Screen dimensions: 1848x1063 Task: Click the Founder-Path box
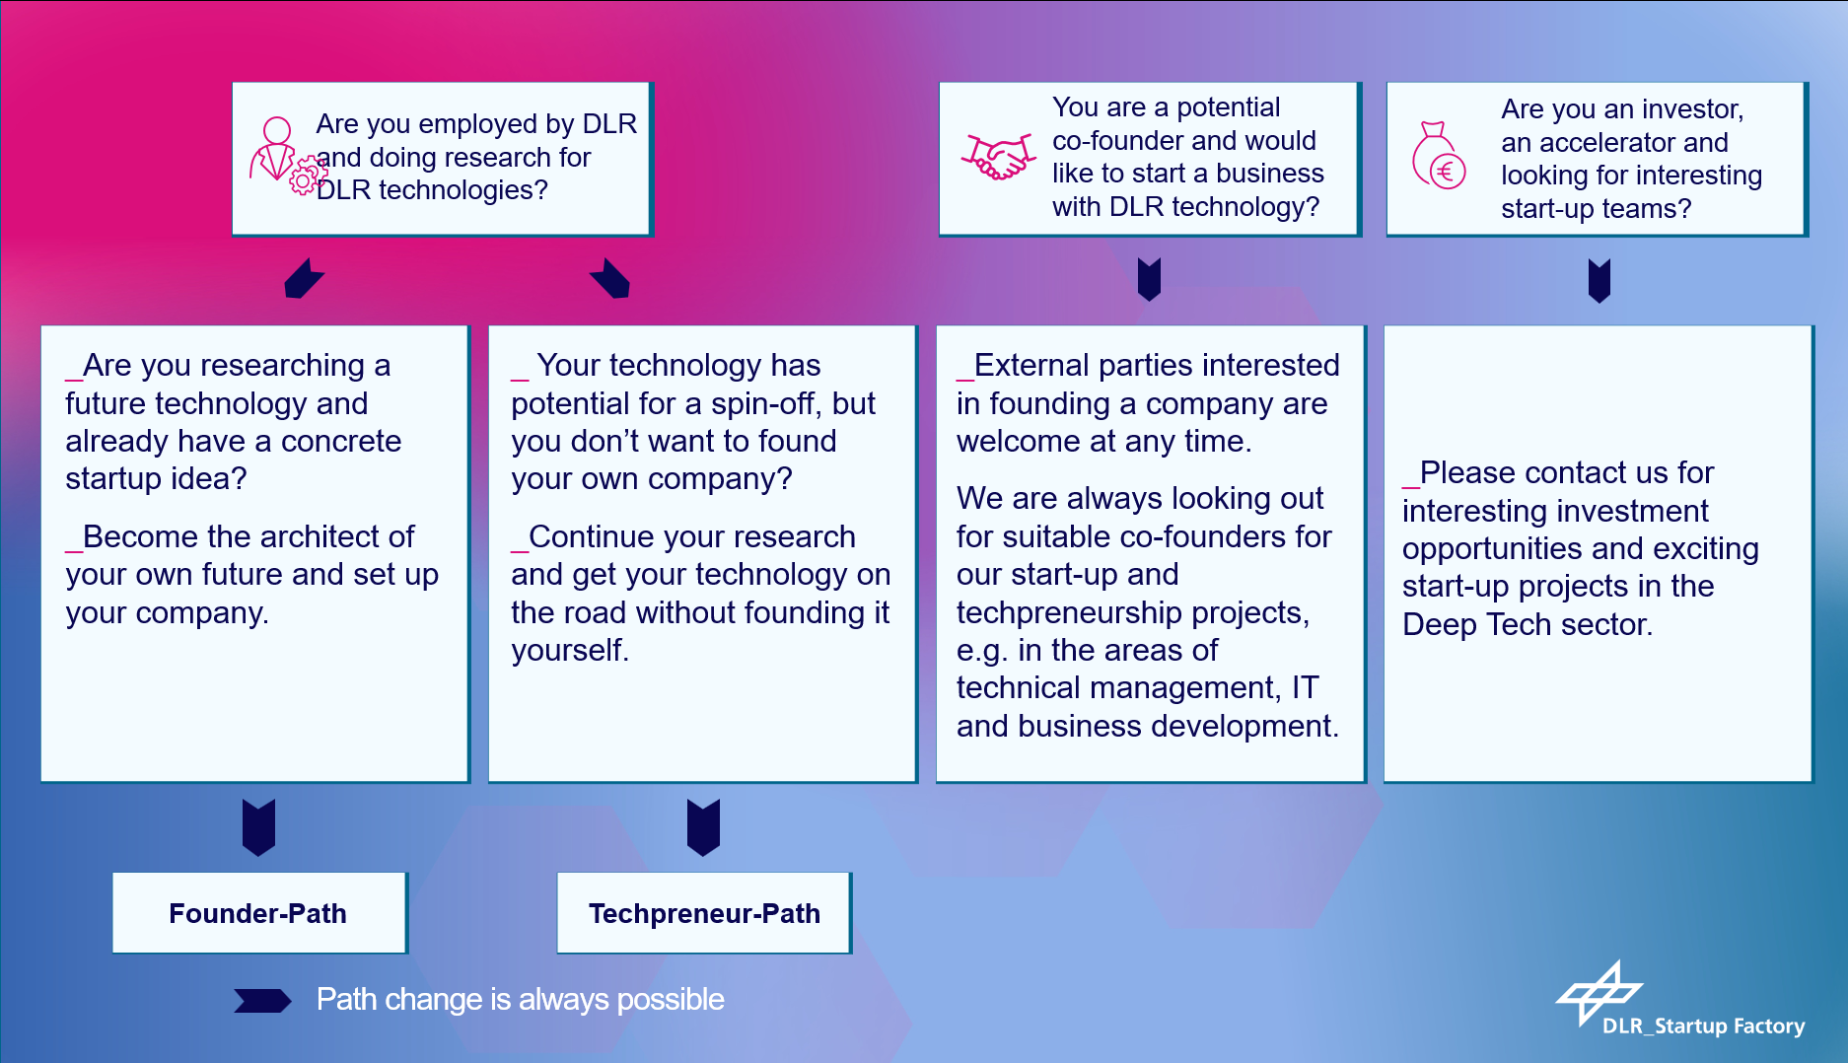[259, 912]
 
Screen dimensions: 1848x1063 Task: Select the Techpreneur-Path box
[704, 912]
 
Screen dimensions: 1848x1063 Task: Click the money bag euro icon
[1439, 156]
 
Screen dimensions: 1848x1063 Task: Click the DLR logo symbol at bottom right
[1599, 992]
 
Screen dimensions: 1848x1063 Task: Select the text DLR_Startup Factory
[1703, 1026]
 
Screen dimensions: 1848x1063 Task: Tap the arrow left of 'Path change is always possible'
[262, 1001]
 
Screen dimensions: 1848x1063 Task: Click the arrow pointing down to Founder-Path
[259, 826]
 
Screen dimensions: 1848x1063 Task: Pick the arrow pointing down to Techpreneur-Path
[704, 826]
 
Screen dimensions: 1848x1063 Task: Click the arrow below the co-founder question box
[1149, 279]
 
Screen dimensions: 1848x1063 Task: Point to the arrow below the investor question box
[1599, 280]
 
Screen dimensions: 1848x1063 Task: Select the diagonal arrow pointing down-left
[304, 278]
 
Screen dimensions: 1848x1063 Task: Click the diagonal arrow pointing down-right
[610, 278]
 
